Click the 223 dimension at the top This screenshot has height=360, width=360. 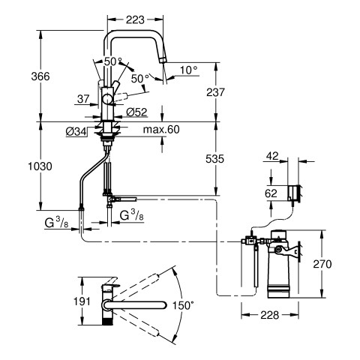pyautogui.click(x=135, y=19)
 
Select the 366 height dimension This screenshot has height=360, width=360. pyautogui.click(x=40, y=76)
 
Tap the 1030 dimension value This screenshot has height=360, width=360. pyautogui.click(x=40, y=166)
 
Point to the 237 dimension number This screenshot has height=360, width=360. pyautogui.click(x=215, y=92)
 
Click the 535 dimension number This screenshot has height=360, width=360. pyautogui.click(x=215, y=159)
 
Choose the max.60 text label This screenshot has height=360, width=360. pyautogui.click(x=161, y=130)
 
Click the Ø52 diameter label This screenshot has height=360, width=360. pyautogui.click(x=136, y=112)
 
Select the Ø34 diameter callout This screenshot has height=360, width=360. pyautogui.click(x=76, y=131)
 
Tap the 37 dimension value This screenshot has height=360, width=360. pyautogui.click(x=83, y=99)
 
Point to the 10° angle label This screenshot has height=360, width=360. pyautogui.click(x=189, y=70)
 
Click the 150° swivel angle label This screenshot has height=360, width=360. pyautogui.click(x=183, y=305)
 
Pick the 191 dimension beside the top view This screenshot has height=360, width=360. pyautogui.click(x=82, y=301)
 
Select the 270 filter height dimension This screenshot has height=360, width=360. pyautogui.click(x=322, y=264)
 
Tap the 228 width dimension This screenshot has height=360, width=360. pyautogui.click(x=270, y=315)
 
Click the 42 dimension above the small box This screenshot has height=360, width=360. pyautogui.click(x=272, y=156)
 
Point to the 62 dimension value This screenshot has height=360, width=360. pyautogui.click(x=271, y=193)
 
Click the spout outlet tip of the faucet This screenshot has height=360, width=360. pyautogui.click(x=163, y=60)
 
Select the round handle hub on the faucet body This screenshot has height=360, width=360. pyautogui.click(x=108, y=99)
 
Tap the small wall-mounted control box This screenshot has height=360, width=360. pyautogui.click(x=293, y=193)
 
